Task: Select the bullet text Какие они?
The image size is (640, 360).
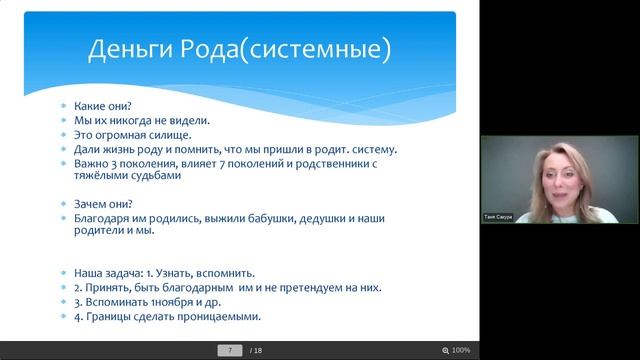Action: coord(104,105)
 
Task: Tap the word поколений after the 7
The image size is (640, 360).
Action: coord(276,163)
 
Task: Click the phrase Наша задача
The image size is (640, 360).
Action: coord(108,272)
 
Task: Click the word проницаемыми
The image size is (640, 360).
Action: coord(214,316)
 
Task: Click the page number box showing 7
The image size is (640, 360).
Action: coord(231,351)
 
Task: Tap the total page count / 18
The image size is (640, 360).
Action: coord(256,351)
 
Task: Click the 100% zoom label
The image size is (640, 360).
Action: coord(461,351)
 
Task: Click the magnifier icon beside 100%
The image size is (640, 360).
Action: coord(445,351)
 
